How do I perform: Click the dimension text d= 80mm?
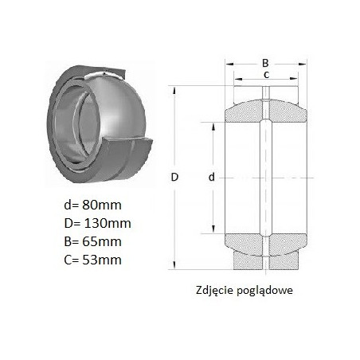click(x=92, y=205)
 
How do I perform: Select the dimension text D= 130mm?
click(x=97, y=223)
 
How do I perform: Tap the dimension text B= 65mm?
click(x=92, y=241)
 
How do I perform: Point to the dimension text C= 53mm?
click(x=92, y=260)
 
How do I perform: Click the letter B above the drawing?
click(x=265, y=63)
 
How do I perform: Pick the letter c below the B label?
click(x=266, y=75)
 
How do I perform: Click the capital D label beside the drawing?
click(x=174, y=177)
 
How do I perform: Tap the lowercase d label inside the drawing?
click(x=211, y=177)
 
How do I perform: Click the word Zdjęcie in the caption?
click(x=214, y=291)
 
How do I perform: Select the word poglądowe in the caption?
click(x=264, y=291)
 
